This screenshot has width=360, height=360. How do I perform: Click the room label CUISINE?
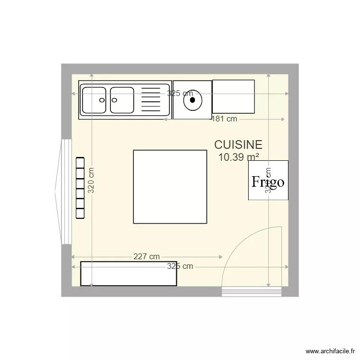coord(238,144)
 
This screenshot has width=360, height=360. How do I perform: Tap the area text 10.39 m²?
coord(239,157)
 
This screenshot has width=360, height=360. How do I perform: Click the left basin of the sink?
coord(94,100)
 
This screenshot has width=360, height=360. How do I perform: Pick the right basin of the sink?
coord(121,100)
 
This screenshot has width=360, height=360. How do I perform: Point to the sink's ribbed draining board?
coord(152,100)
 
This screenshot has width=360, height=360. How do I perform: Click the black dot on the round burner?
coord(192,100)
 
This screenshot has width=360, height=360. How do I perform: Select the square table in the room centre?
coord(169,186)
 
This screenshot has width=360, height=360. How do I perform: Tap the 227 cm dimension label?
coord(146,257)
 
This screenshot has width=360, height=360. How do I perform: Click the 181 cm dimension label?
coord(224,119)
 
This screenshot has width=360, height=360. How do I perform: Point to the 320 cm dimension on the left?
coord(91,180)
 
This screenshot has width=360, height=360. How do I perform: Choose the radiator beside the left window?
coord(80,188)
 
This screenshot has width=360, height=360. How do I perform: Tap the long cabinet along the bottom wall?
coord(129,274)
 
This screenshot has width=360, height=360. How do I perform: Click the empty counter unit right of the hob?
coord(233,96)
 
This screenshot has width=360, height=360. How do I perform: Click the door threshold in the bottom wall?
coord(252,292)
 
